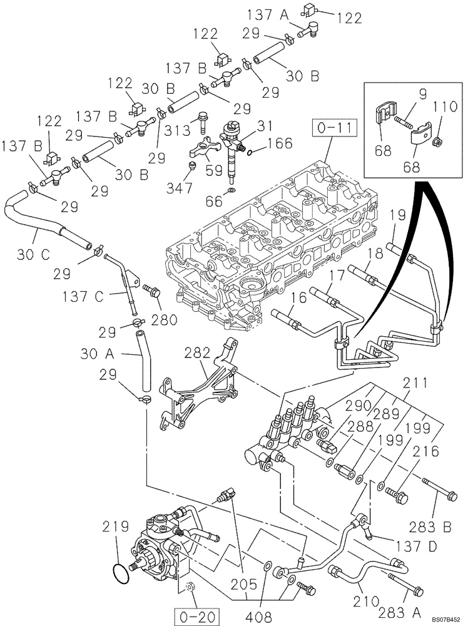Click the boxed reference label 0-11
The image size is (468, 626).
click(333, 131)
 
